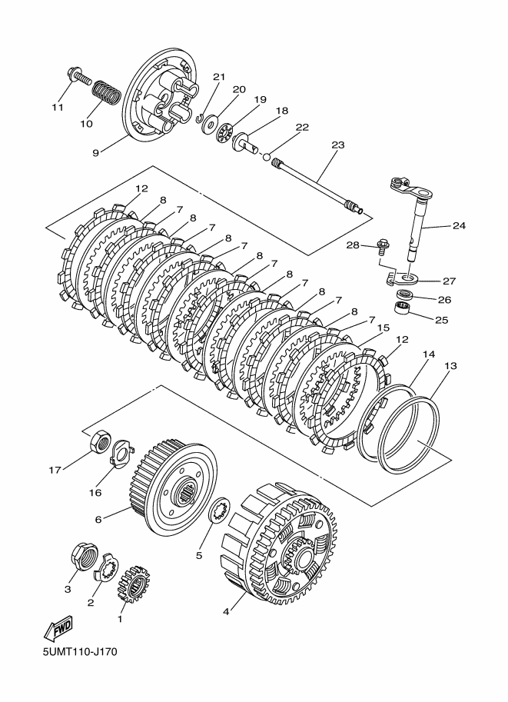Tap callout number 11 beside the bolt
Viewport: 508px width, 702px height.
(58, 106)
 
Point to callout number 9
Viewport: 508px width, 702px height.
(96, 152)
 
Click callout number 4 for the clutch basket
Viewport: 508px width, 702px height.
(226, 612)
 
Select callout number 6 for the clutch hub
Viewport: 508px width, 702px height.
(98, 519)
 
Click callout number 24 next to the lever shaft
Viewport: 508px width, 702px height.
(459, 226)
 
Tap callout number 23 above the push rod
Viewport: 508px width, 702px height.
(338, 144)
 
